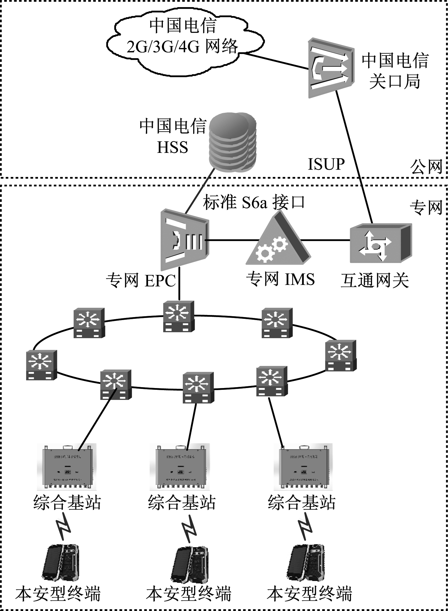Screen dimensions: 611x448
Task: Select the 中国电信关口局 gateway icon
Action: click(x=331, y=68)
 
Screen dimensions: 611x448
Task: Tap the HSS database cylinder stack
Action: click(x=232, y=142)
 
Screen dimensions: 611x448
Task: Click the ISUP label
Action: click(x=326, y=164)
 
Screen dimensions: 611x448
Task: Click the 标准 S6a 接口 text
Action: click(x=254, y=202)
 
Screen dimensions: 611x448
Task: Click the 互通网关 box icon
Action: click(x=380, y=243)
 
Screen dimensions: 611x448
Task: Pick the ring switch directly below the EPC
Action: click(x=179, y=316)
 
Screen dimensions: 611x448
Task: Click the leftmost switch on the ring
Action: click(x=41, y=365)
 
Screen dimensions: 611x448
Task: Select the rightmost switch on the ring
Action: click(x=341, y=355)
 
